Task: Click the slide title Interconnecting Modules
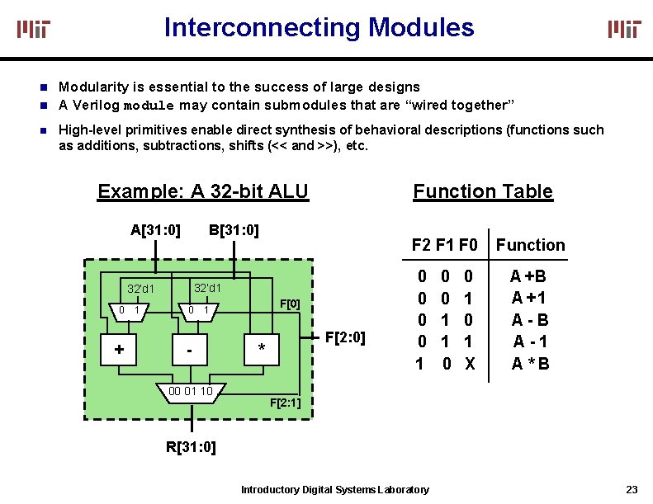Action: click(319, 27)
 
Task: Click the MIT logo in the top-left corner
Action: click(35, 30)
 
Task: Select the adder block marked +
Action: click(120, 350)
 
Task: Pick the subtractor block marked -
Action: click(191, 350)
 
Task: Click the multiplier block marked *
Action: click(262, 350)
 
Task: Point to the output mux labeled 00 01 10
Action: click(191, 392)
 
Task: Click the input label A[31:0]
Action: click(155, 229)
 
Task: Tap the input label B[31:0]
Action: click(234, 229)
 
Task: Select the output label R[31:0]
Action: click(191, 448)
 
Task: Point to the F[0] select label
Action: click(290, 304)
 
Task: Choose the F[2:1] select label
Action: click(286, 403)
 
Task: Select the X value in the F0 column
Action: click(470, 364)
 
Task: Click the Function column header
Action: click(530, 245)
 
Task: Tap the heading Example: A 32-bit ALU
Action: click(202, 192)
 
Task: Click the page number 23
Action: click(632, 489)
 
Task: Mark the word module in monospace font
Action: click(149, 106)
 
